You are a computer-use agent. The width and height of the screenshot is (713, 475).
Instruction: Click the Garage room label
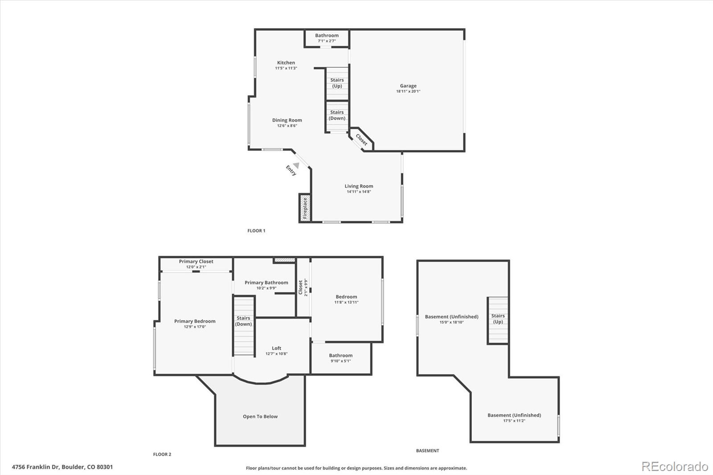(408, 86)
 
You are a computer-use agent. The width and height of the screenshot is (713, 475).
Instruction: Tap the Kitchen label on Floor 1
(286, 63)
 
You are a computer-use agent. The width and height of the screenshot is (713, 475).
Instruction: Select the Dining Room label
(287, 120)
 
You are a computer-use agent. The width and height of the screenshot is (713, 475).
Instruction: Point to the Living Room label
(359, 186)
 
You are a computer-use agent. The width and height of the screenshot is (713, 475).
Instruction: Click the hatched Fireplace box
(305, 208)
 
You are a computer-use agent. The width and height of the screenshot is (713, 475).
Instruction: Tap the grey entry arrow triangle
(296, 166)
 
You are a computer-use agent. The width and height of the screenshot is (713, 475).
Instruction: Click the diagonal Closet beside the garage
(361, 139)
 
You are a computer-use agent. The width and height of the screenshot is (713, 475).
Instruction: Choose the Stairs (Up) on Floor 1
(337, 84)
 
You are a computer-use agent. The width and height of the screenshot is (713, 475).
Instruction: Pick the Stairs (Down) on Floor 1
(337, 116)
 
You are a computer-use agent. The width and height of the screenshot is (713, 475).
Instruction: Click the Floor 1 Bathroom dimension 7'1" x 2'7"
(327, 41)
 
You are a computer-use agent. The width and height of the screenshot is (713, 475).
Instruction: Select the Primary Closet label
(196, 262)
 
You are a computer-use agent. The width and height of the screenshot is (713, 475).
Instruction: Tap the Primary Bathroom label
(266, 283)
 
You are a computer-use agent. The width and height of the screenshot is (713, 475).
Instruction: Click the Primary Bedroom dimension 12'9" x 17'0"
(195, 327)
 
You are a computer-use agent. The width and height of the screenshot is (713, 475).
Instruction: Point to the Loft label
(276, 348)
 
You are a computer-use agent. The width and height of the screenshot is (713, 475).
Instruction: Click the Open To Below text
(260, 417)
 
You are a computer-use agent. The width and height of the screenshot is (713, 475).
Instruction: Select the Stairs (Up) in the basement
(497, 320)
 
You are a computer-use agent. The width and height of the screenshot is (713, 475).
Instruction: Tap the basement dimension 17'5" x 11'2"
(514, 421)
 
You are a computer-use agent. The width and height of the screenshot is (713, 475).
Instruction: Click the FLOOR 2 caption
(162, 455)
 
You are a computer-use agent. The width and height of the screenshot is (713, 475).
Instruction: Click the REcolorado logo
(675, 467)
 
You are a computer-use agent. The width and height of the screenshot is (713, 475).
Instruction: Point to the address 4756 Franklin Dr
(36, 467)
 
